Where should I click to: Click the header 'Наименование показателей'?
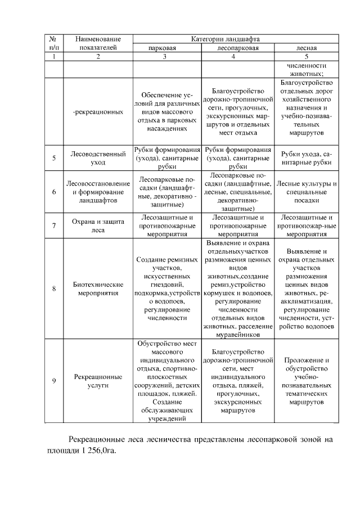click(x=98, y=43)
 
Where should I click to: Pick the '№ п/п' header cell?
click(x=53, y=43)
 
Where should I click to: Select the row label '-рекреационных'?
click(x=98, y=112)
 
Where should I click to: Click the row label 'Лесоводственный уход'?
click(x=98, y=157)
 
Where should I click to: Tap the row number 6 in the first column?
click(x=53, y=192)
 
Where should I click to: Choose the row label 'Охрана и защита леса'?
click(x=98, y=225)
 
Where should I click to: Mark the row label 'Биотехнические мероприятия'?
click(x=98, y=289)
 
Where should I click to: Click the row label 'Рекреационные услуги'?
click(x=98, y=381)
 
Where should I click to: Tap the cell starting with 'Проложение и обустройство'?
click(x=306, y=380)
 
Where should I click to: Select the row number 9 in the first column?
click(x=53, y=381)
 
